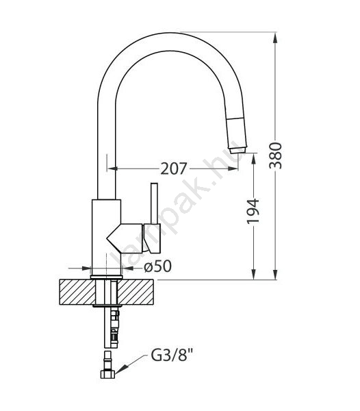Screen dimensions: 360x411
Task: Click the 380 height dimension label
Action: coord(276,155)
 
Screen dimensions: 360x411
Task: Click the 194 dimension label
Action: coord(253,212)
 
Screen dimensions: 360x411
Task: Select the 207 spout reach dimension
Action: coord(174,169)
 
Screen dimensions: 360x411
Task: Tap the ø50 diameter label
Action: coord(158,266)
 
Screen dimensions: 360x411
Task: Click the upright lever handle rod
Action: coord(154,203)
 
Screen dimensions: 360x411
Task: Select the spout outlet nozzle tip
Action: coord(237,150)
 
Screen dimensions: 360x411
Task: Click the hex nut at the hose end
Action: coord(108,374)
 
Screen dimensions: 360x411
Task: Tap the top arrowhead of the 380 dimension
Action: coord(275,37)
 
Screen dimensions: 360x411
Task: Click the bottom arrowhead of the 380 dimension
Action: coord(275,274)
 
